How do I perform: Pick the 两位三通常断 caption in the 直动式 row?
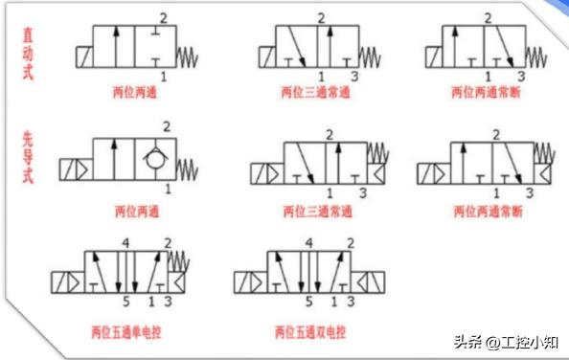point(485,94)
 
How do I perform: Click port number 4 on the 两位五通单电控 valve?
point(124,243)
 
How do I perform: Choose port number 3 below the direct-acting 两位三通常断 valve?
point(521,76)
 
